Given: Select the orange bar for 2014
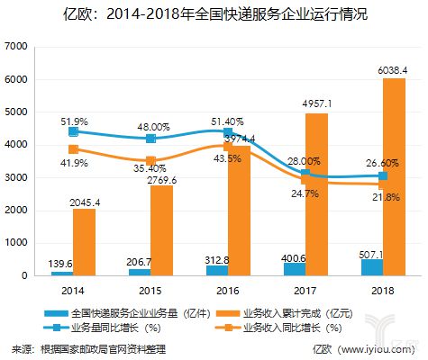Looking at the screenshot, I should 84,242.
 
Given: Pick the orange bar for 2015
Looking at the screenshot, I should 162,230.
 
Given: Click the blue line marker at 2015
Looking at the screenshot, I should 151,139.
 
